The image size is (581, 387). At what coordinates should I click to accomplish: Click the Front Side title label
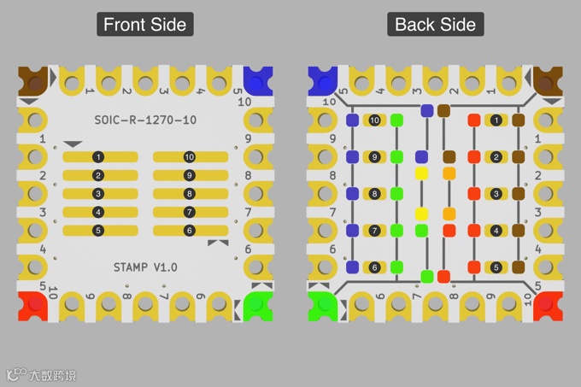pos(144,24)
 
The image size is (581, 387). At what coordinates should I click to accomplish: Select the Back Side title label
pos(435,24)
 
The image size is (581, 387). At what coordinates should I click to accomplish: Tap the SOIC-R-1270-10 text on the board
pos(144,120)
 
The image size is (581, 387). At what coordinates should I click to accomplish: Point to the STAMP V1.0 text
pos(145,267)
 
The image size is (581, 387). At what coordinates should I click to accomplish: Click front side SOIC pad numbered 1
pos(100,157)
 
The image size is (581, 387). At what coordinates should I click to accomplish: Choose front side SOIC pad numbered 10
pos(190,157)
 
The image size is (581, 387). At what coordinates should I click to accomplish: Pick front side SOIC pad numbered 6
pos(190,231)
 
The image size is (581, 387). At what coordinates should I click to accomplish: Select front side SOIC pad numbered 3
pos(100,194)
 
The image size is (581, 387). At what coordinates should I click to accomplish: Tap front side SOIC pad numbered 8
pos(190,194)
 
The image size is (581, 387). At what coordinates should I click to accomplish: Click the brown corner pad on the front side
pos(33,82)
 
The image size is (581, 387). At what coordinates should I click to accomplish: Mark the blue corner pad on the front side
pos(255,82)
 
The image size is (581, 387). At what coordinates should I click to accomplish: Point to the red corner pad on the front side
pos(33,305)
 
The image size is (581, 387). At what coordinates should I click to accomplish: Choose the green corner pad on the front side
pos(255,305)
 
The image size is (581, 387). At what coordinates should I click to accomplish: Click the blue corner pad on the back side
pos(324,82)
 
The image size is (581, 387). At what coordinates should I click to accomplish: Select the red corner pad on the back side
pos(547,305)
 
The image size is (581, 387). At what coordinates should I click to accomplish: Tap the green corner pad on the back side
pos(324,305)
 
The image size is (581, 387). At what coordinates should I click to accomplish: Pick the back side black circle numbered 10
pos(374,120)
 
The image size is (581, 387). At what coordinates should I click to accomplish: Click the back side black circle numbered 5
pos(496,267)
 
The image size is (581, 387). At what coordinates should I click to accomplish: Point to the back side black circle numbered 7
pos(374,231)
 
